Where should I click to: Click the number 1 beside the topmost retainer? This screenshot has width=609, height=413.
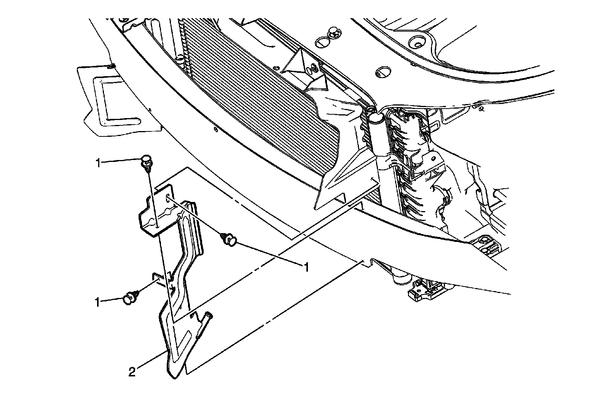click(x=98, y=163)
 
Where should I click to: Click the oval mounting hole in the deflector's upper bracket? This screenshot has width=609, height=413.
click(x=168, y=198)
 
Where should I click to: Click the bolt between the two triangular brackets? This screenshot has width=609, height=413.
click(x=314, y=69)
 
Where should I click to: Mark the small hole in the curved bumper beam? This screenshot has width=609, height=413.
click(x=215, y=129)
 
